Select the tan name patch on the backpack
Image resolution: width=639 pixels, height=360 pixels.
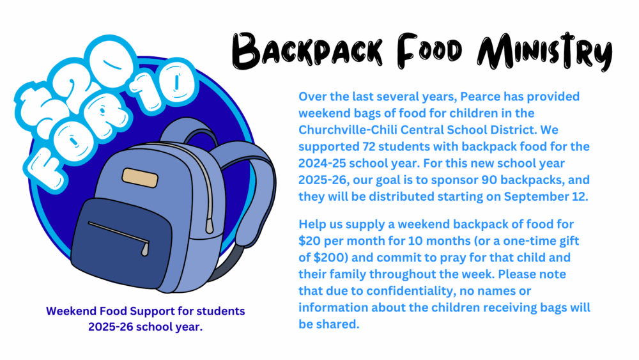140,178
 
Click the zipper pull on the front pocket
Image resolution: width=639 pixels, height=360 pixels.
145,248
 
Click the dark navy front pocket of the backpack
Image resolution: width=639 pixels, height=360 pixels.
121,243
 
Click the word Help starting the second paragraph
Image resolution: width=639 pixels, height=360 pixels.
312,224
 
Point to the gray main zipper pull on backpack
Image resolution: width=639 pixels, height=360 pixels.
209,225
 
